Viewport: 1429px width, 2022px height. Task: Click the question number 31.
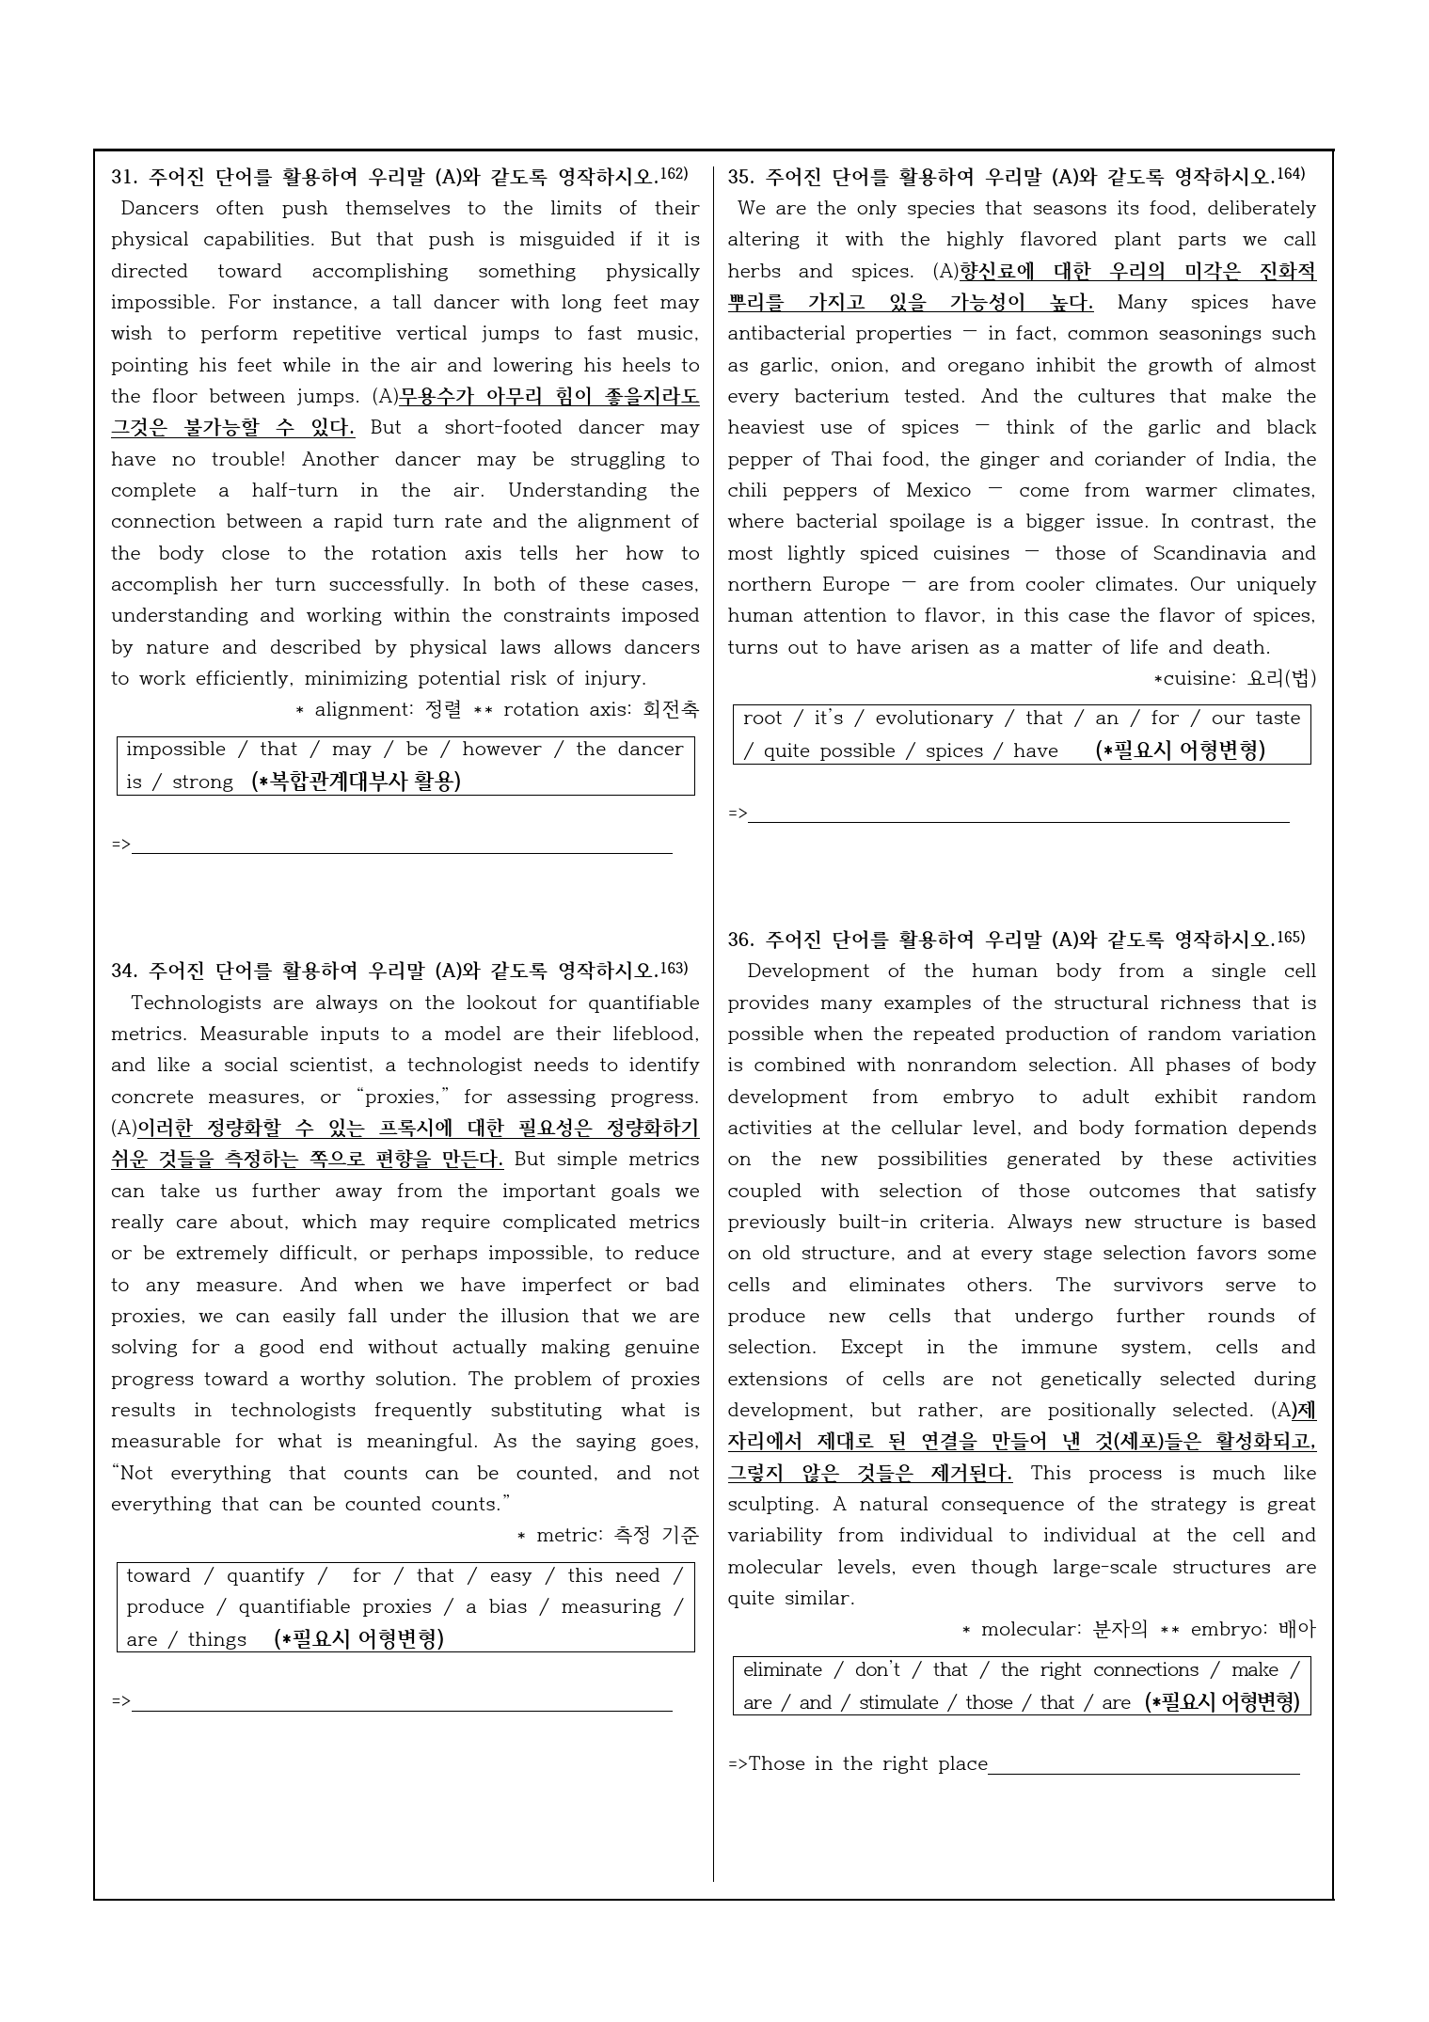pyautogui.click(x=124, y=177)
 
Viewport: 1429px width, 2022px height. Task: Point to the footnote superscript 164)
pyautogui.click(x=1292, y=174)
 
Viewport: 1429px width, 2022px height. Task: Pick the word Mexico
pyautogui.click(x=938, y=490)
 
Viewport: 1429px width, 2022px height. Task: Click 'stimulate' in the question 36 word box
pyautogui.click(x=898, y=1702)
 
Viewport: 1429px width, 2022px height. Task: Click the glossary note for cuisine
pyautogui.click(x=1235, y=678)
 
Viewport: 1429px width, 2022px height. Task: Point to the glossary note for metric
pyautogui.click(x=608, y=1536)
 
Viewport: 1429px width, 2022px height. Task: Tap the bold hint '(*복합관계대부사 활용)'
pyautogui.click(x=357, y=782)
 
